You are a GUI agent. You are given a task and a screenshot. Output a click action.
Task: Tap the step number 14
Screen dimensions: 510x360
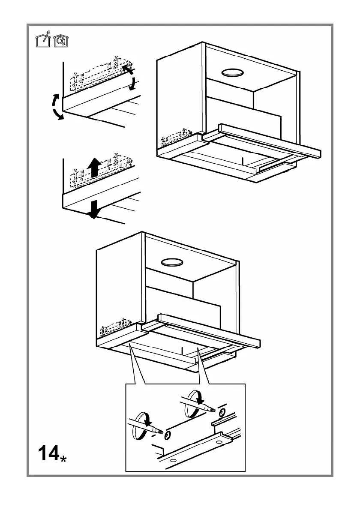point(48,453)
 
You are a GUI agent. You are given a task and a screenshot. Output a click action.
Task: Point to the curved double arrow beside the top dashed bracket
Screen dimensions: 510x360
point(130,77)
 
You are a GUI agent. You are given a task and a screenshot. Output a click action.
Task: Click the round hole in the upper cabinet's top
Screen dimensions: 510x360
point(233,73)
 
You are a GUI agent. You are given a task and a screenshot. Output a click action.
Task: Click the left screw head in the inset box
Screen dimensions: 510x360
point(167,435)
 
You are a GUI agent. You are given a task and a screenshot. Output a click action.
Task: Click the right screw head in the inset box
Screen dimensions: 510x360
point(221,413)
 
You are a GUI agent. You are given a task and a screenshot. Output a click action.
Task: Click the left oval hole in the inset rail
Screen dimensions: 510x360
point(173,461)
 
